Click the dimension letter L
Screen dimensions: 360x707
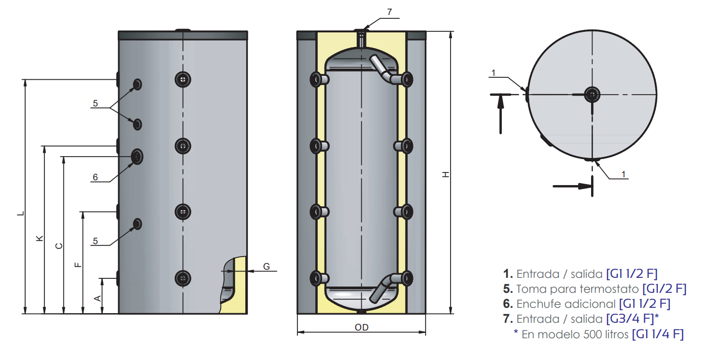(20, 213)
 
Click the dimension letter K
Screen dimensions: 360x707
(40, 238)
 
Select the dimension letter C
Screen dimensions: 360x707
(59, 245)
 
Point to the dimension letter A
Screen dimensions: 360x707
(98, 299)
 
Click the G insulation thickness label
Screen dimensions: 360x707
(267, 266)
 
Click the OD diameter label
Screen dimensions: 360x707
(361, 328)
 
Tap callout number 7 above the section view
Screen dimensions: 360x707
(390, 12)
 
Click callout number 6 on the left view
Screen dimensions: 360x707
(95, 177)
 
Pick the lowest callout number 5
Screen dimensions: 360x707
(95, 241)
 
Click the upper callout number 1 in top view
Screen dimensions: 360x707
(493, 73)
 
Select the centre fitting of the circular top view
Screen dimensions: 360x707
(592, 95)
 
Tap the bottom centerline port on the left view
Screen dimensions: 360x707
(183, 277)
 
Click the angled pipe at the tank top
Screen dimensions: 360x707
(381, 68)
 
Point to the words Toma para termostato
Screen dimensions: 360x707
(578, 289)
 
